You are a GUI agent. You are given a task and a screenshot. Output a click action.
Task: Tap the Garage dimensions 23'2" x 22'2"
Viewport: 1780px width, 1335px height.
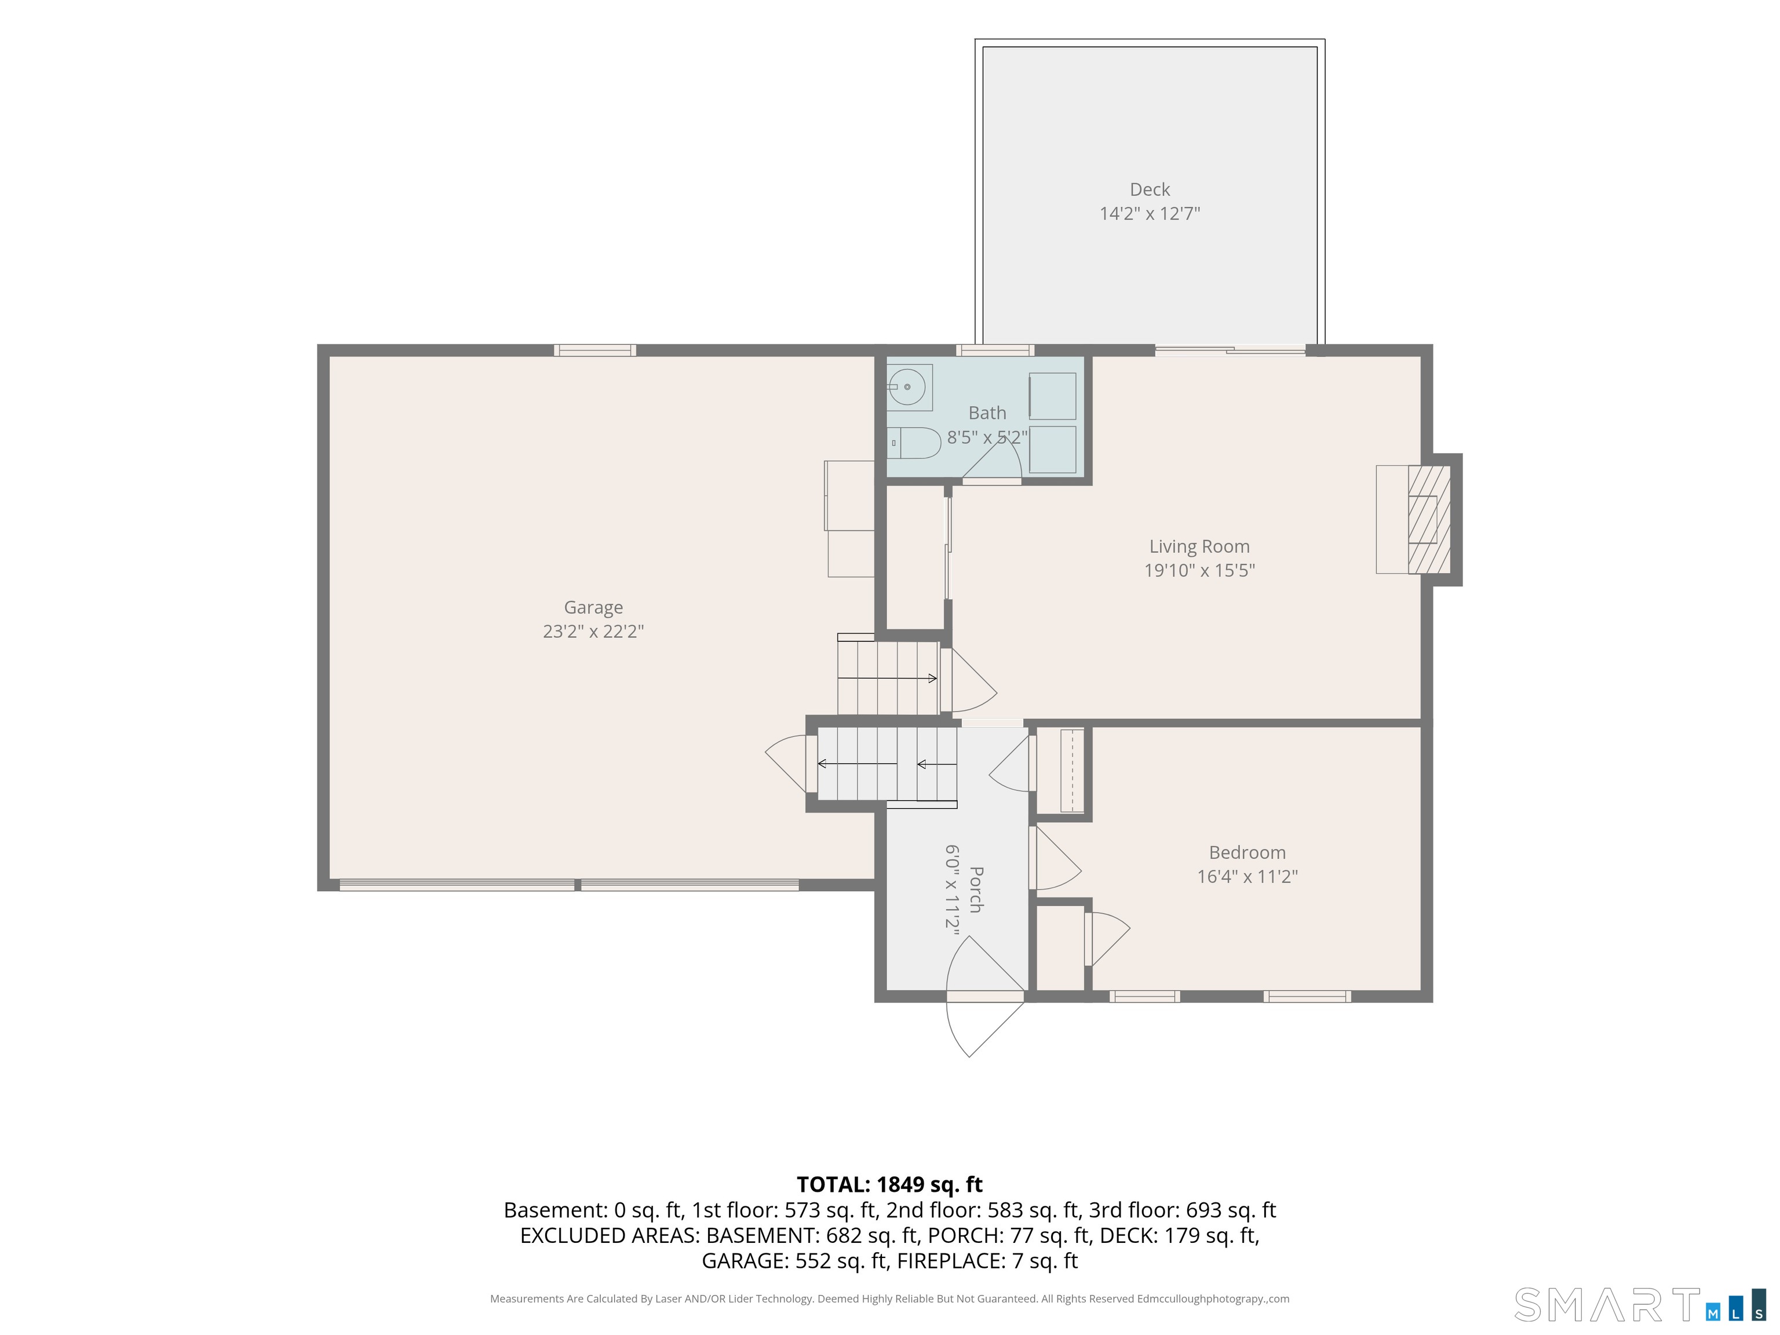coord(593,632)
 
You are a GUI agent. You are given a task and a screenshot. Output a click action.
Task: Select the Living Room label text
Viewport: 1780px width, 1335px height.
coord(1199,546)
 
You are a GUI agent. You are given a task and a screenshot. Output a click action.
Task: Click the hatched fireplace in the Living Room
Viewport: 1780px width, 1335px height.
coord(1429,519)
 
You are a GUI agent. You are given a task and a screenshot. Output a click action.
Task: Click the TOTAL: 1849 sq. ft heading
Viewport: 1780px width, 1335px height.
coord(889,1184)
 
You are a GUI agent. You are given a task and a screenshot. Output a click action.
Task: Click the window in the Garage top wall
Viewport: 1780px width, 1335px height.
coord(594,350)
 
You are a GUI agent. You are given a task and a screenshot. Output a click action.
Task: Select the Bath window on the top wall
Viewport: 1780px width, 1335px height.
coord(995,350)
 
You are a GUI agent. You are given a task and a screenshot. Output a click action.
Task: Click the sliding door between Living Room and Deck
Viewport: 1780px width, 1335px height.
coord(1230,350)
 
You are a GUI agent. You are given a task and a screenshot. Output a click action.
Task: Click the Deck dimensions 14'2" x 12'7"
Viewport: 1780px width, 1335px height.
coord(1150,214)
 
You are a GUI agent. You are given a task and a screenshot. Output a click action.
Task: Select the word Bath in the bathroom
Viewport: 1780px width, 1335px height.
coord(987,413)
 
